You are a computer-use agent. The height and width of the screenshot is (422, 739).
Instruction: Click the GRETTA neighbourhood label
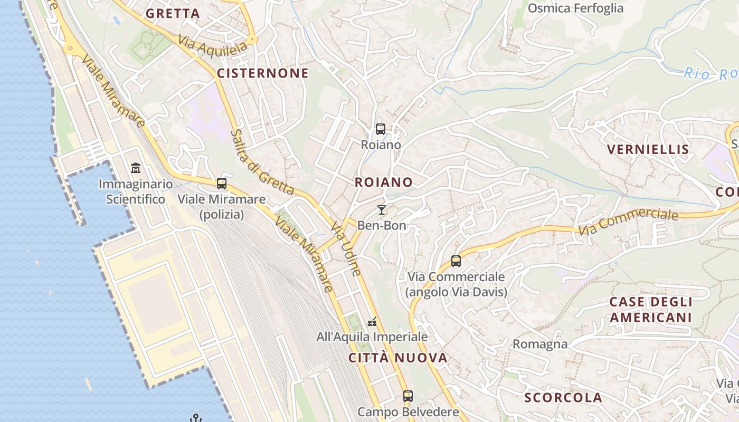(x=173, y=14)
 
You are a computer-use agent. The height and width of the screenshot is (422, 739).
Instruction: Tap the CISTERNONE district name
(x=262, y=73)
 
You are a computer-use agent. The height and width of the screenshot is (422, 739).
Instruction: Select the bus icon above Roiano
(x=380, y=129)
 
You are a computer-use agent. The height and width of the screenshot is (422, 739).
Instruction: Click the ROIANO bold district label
(x=383, y=183)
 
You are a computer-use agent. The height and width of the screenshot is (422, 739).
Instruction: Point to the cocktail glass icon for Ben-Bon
(x=381, y=210)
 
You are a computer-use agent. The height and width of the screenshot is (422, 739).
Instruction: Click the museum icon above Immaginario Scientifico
(x=136, y=169)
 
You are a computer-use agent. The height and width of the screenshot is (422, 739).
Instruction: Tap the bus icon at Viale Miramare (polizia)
(x=222, y=184)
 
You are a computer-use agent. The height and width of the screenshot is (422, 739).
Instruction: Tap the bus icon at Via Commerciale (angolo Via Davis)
(x=456, y=261)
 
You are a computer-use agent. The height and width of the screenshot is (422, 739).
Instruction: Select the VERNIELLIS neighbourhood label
(x=648, y=150)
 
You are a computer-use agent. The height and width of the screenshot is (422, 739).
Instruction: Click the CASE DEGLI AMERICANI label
(x=650, y=310)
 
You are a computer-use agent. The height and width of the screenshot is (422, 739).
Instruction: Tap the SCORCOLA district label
(x=563, y=398)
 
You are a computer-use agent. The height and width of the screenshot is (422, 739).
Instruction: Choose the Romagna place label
(x=540, y=344)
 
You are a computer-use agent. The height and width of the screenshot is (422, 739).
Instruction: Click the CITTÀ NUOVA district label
(x=398, y=358)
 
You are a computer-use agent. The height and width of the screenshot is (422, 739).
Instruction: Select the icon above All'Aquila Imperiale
(x=372, y=321)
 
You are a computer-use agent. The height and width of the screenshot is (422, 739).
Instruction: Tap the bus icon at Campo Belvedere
(x=408, y=396)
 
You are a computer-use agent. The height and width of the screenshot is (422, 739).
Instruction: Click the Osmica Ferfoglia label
(x=575, y=8)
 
